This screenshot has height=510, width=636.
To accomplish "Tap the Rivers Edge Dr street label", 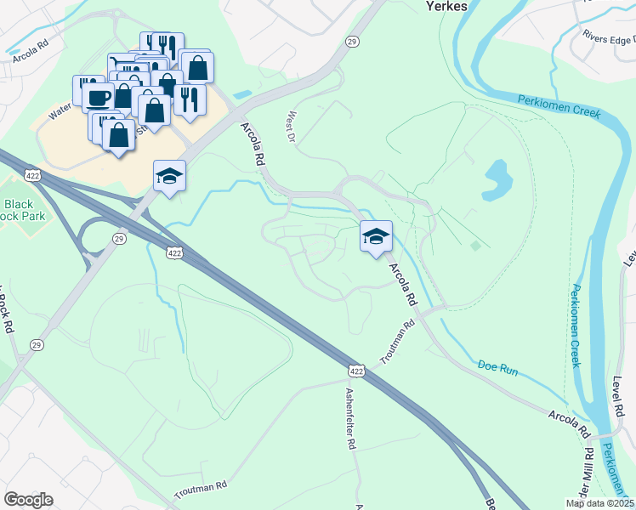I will coord(607,38).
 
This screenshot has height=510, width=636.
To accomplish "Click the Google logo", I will coord(29,500).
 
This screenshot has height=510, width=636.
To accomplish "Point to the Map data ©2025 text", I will coord(600,503).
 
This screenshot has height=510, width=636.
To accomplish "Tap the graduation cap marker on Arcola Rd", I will coord(375,236).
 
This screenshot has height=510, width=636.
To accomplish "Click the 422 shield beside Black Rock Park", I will coord(33,176).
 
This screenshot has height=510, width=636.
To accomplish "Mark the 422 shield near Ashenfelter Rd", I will coord(356,371).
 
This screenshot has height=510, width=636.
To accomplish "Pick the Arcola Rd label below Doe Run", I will coord(569,422).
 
